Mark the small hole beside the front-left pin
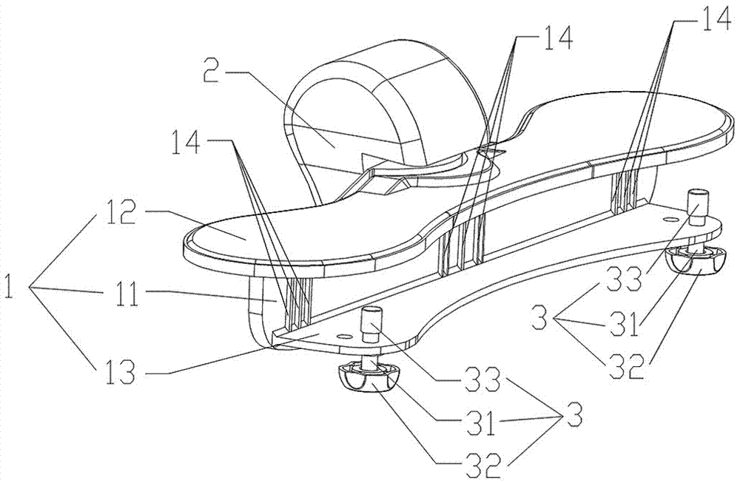[342, 335]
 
